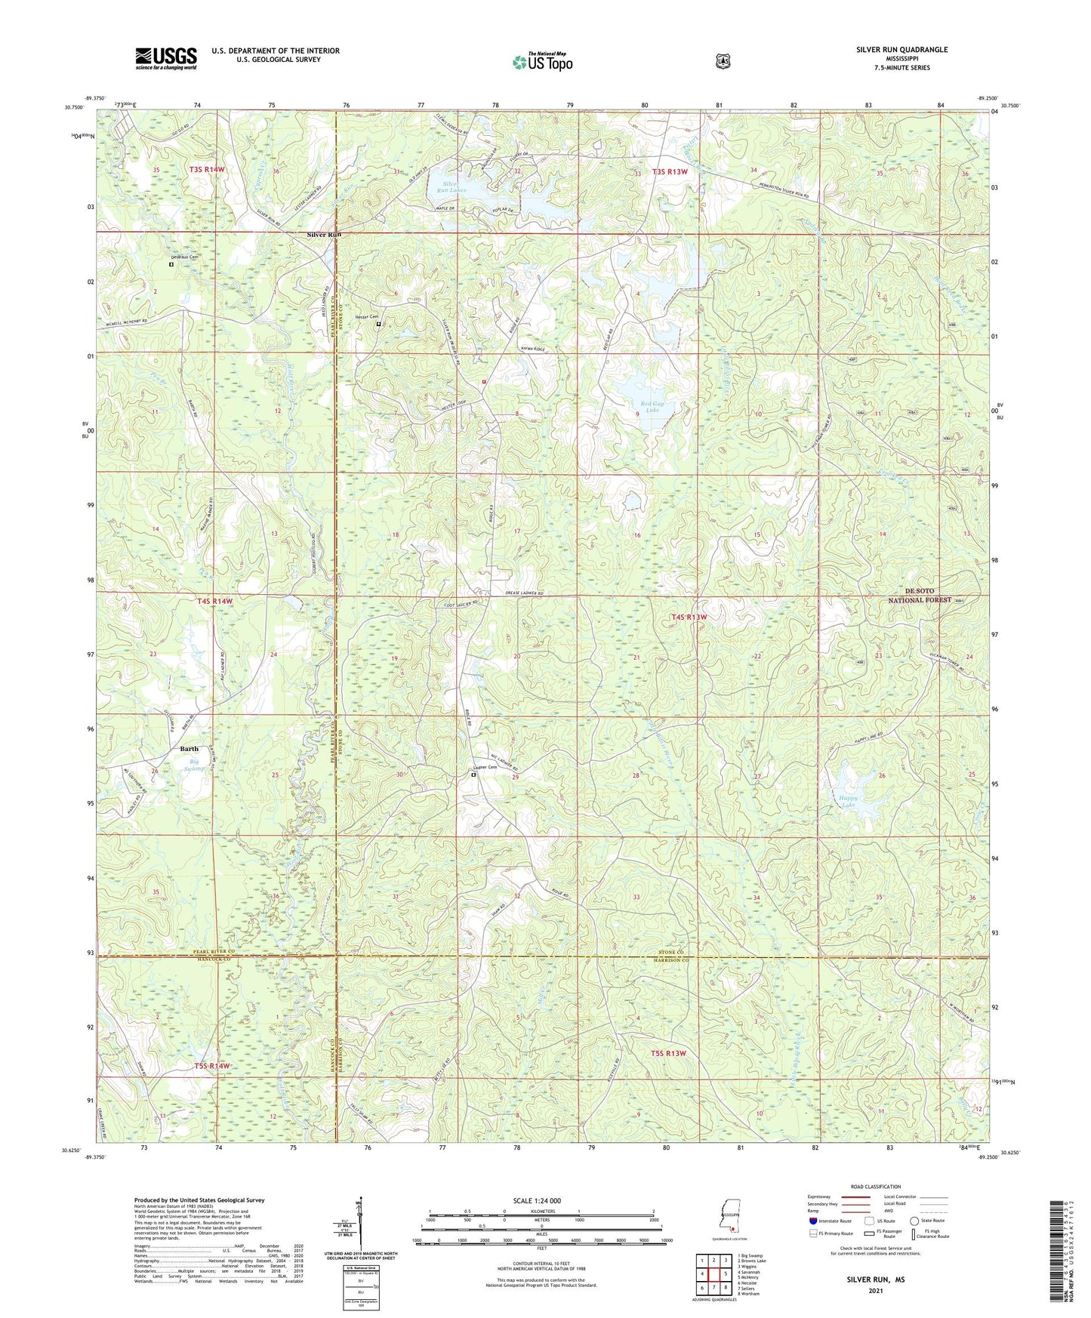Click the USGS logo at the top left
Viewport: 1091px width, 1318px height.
(166, 58)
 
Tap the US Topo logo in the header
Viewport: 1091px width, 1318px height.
(542, 62)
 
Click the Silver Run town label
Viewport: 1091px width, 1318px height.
(324, 235)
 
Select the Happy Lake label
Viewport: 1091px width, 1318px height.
(846, 801)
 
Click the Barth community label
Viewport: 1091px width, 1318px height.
(190, 749)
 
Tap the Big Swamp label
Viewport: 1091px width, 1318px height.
(195, 765)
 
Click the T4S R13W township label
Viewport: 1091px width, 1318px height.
(689, 617)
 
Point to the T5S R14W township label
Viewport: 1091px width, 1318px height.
(212, 1065)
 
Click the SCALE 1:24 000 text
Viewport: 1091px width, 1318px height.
(536, 1201)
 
